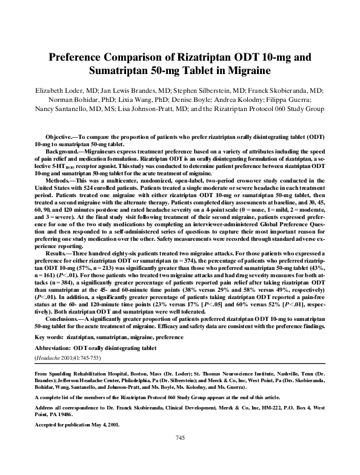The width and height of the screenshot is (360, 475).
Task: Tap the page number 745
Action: pos(179,455)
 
